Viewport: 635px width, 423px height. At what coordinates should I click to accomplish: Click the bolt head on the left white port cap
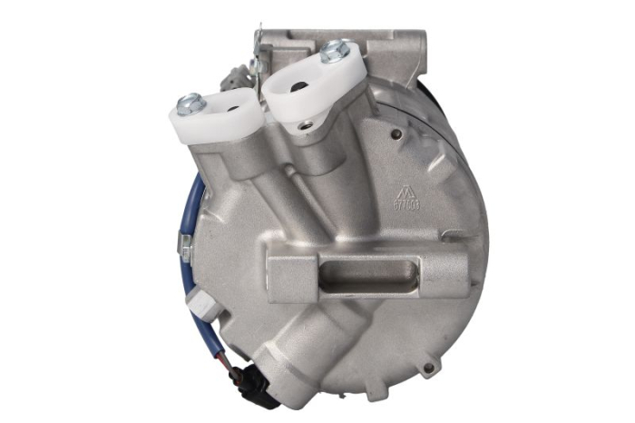(x=190, y=103)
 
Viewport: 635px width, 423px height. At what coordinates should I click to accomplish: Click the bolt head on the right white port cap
(x=335, y=51)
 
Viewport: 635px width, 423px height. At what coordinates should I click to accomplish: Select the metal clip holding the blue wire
(x=185, y=243)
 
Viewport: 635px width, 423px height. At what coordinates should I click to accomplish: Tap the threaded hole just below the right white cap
(x=306, y=123)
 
